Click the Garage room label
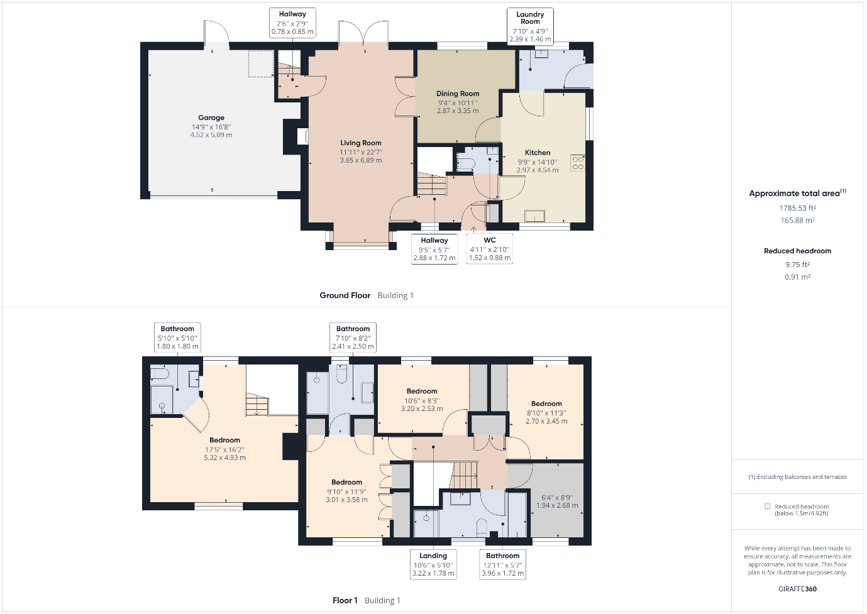click(x=211, y=118)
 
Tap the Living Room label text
click(x=361, y=143)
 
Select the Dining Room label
click(x=458, y=94)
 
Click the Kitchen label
click(x=537, y=153)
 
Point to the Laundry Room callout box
click(x=530, y=26)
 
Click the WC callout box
click(x=490, y=249)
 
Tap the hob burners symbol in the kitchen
click(x=578, y=163)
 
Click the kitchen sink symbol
click(x=534, y=216)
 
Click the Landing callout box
click(x=433, y=564)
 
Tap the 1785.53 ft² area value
click(x=797, y=208)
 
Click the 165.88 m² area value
click(x=797, y=220)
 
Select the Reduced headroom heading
click(x=797, y=251)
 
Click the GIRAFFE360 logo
click(x=797, y=589)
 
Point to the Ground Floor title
click(x=345, y=295)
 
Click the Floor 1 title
click(x=345, y=600)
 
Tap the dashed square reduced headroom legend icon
click(x=768, y=506)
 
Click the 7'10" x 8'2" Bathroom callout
click(x=353, y=337)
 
